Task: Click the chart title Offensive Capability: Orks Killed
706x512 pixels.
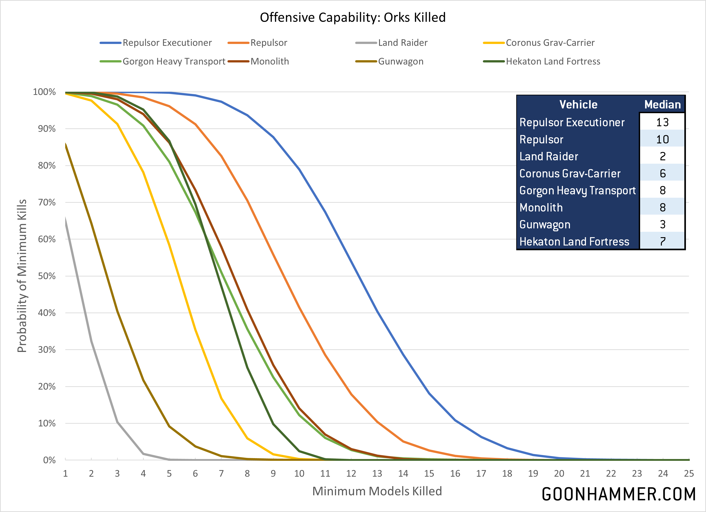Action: (x=353, y=17)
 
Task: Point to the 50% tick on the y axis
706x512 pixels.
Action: (x=47, y=276)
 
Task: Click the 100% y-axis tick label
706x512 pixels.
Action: (x=44, y=92)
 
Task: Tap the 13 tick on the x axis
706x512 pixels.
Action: (x=377, y=473)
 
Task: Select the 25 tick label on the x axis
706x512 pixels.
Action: (x=689, y=473)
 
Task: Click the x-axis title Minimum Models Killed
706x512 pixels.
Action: (x=377, y=491)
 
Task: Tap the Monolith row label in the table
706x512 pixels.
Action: (x=541, y=207)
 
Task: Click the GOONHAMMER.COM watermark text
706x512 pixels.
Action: (x=618, y=494)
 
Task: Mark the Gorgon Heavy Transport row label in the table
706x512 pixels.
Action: (x=577, y=190)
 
